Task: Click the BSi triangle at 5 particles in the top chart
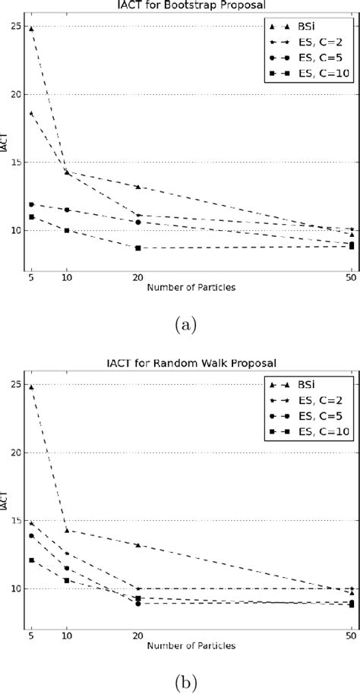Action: (30, 28)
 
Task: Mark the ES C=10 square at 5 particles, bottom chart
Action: (30, 560)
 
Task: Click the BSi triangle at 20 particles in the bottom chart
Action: (137, 545)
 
